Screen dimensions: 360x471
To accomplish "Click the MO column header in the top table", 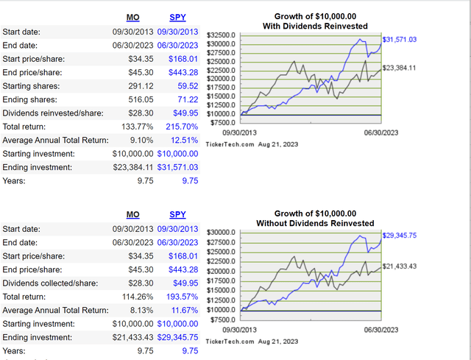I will [132, 18].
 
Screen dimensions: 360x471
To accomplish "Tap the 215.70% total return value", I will [181, 126].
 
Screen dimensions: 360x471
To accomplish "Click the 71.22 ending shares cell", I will [185, 99].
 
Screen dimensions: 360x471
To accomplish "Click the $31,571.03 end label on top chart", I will [401, 38].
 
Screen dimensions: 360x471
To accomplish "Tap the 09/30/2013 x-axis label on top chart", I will [257, 124].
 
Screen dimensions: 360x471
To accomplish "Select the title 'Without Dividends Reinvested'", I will [314, 223].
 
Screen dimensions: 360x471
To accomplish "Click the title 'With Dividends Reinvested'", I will [314, 27].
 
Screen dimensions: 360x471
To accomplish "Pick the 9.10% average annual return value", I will [140, 139].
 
